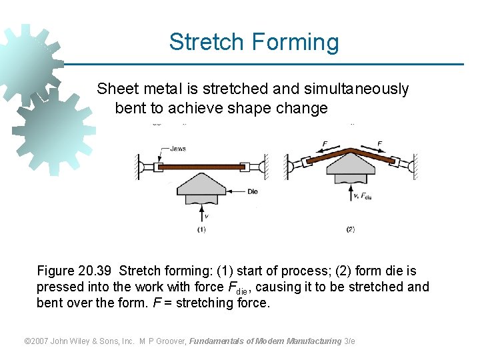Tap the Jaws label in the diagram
pos(178,149)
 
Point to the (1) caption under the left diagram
pos(201,229)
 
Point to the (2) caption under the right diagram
pos(351,229)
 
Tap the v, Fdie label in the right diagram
pos(364,196)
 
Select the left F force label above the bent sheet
pos(325,143)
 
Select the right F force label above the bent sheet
pos(380,143)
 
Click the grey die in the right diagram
pos(351,167)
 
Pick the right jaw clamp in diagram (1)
pos(245,166)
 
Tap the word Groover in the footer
pos(169,341)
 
